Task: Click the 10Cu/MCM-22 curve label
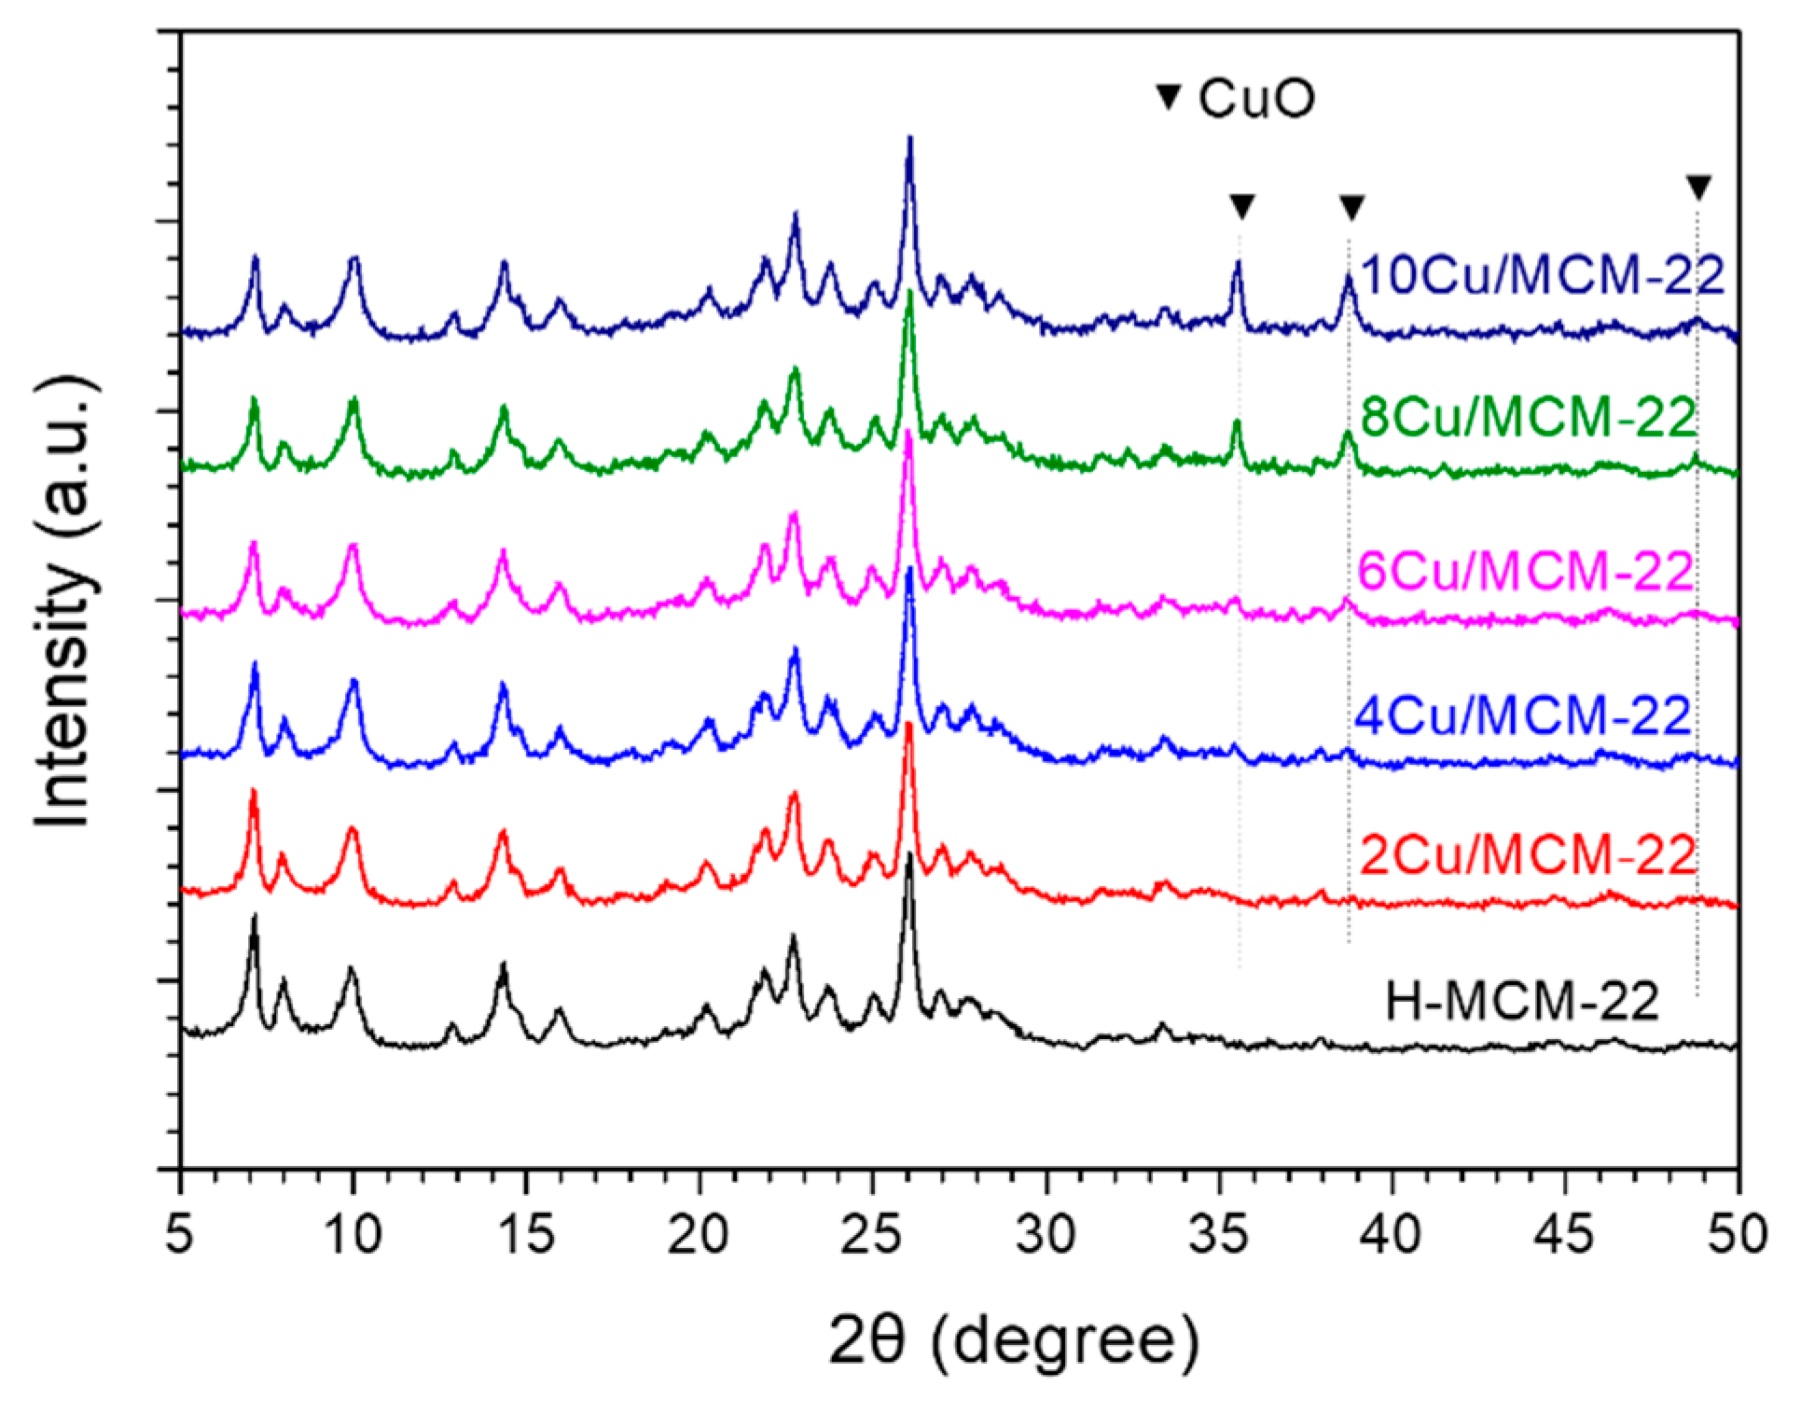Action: (1542, 276)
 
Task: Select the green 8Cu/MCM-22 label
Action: (1528, 420)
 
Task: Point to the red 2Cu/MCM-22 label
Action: (1528, 855)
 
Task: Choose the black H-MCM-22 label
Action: (1522, 1004)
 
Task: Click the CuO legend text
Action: (1256, 100)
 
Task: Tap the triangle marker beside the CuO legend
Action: (1168, 97)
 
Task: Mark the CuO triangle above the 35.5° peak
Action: (1241, 206)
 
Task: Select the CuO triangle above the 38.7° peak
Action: (1351, 207)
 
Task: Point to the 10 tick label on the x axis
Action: (353, 1233)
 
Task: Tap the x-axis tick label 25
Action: (873, 1233)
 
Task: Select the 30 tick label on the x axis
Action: (1046, 1233)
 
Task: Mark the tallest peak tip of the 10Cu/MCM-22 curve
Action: (909, 138)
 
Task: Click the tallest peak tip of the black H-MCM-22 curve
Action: (909, 853)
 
